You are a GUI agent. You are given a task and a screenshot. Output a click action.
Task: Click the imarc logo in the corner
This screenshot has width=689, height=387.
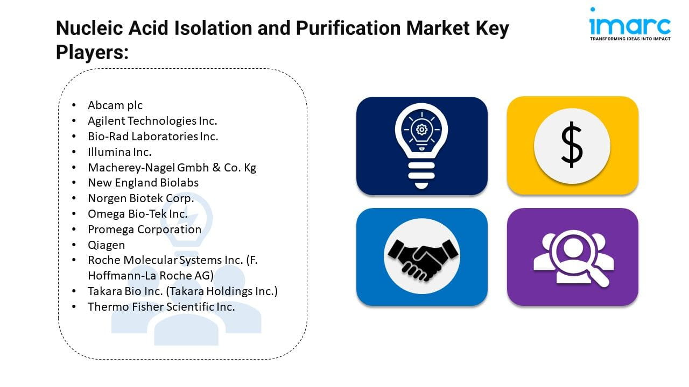coord(630,24)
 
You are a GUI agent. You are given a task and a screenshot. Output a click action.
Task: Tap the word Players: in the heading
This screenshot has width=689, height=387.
coord(92,52)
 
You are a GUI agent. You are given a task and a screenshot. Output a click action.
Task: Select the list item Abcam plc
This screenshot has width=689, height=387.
coord(115,105)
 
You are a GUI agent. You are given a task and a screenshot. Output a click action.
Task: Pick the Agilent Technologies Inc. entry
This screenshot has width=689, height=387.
coord(152,121)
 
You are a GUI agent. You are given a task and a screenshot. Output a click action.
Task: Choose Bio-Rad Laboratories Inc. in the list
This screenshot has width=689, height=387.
coord(153,137)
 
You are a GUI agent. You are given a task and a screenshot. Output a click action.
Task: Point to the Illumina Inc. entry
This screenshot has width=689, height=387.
coord(119,152)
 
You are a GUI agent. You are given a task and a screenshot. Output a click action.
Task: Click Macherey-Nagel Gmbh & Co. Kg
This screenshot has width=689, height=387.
coord(172,167)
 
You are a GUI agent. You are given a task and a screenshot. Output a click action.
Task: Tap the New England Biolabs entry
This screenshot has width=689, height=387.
coord(143,183)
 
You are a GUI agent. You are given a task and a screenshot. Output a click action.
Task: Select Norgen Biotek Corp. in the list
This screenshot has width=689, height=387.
coord(141,198)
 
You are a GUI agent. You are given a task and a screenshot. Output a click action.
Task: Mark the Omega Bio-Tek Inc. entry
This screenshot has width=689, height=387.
coord(138,214)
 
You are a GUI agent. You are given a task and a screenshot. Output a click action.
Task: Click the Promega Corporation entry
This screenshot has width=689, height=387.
coord(145,230)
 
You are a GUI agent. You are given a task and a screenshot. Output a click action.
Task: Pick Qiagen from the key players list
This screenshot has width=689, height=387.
coord(107,245)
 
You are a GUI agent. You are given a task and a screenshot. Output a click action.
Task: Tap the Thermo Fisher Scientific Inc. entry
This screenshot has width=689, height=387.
coord(161,307)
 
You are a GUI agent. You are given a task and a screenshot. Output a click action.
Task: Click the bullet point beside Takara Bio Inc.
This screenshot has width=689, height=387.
coord(74,291)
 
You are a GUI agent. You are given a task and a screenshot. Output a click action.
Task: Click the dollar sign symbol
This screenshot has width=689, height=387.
coord(572,145)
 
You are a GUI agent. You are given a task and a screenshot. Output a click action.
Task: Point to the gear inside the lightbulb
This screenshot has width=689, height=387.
coord(421,130)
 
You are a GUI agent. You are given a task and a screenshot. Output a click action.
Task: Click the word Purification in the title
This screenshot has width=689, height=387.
coord(348,28)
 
